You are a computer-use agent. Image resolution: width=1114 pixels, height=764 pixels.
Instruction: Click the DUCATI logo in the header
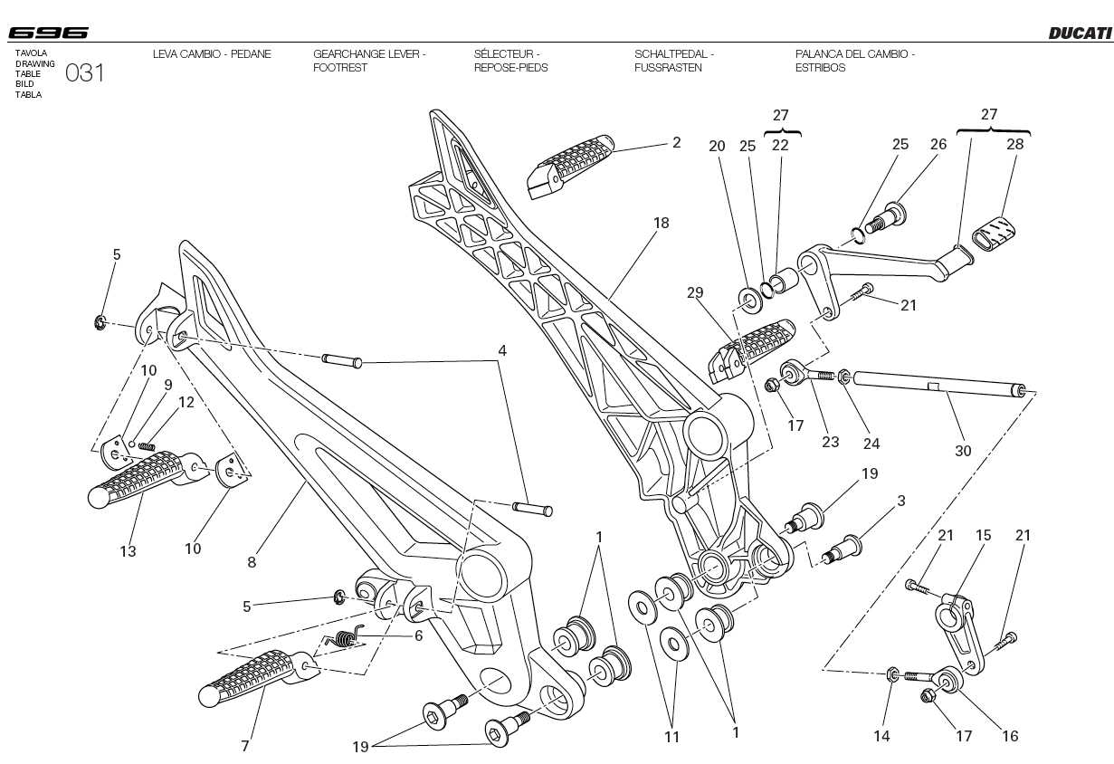[x=1080, y=33]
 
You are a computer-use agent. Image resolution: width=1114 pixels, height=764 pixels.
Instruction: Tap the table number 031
[x=85, y=73]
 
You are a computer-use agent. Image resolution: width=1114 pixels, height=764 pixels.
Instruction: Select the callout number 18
[x=662, y=223]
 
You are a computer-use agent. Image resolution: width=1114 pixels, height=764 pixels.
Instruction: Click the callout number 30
[x=963, y=450]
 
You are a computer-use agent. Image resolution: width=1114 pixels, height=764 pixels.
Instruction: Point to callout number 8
[x=252, y=562]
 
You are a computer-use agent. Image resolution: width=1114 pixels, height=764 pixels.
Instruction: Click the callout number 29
[x=695, y=292]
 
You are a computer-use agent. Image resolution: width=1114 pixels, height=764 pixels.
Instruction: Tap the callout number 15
[x=984, y=535]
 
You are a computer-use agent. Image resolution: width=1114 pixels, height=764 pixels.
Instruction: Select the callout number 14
[x=881, y=736]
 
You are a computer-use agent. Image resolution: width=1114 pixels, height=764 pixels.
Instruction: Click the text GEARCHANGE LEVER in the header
[x=368, y=54]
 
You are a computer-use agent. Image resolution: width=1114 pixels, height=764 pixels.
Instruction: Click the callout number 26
[x=938, y=144]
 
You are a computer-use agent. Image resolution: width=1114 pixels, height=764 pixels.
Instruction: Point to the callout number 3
[x=901, y=501]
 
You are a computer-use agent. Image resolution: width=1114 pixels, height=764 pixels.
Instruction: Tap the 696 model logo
[x=49, y=33]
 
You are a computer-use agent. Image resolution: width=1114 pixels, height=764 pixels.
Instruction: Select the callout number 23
[x=830, y=442]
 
